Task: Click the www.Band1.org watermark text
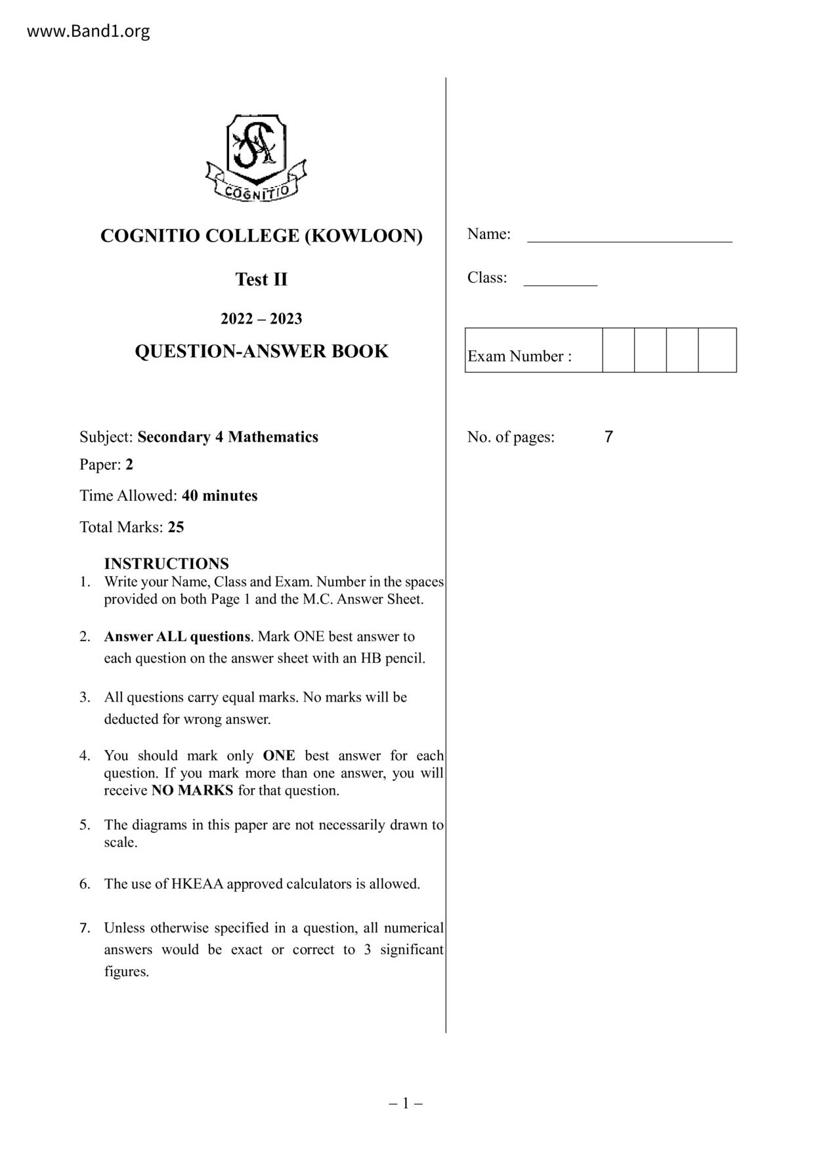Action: tap(88, 31)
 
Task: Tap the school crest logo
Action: tap(256, 158)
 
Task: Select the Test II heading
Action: tap(261, 280)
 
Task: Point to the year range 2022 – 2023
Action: tap(261, 319)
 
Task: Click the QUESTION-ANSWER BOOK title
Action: tap(261, 352)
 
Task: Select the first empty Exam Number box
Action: tap(618, 350)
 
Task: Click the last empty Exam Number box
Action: tap(717, 350)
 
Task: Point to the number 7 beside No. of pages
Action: tap(609, 437)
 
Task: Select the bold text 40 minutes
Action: tap(220, 495)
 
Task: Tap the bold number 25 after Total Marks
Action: tap(176, 527)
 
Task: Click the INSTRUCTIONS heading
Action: tap(167, 564)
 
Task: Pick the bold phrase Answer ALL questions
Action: tap(177, 637)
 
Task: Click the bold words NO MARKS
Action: tap(192, 790)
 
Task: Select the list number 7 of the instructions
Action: tap(85, 928)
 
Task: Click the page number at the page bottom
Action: tap(406, 1103)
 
